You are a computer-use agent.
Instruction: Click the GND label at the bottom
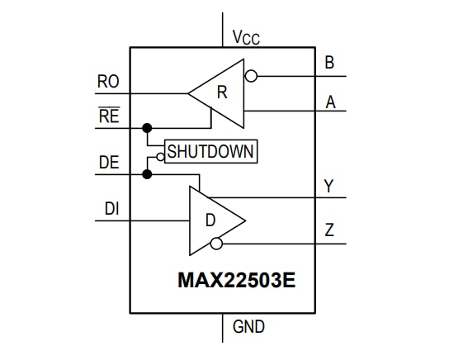(248, 327)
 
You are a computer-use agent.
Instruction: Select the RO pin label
(108, 82)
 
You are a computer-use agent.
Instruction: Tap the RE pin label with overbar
(108, 116)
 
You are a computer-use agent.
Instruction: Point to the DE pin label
(109, 163)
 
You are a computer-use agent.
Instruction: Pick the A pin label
(330, 102)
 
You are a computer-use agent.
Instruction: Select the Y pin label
(329, 187)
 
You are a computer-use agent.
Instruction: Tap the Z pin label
(329, 230)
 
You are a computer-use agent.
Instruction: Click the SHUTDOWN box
(210, 152)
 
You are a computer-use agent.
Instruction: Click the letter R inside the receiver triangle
(221, 92)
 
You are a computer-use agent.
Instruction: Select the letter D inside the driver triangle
(210, 221)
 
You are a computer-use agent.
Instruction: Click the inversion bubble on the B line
(252, 76)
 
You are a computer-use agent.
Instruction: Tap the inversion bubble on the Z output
(216, 244)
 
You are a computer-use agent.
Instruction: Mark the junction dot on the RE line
(148, 128)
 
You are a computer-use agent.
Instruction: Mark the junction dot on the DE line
(148, 174)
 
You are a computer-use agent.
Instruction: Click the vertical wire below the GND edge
(224, 328)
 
